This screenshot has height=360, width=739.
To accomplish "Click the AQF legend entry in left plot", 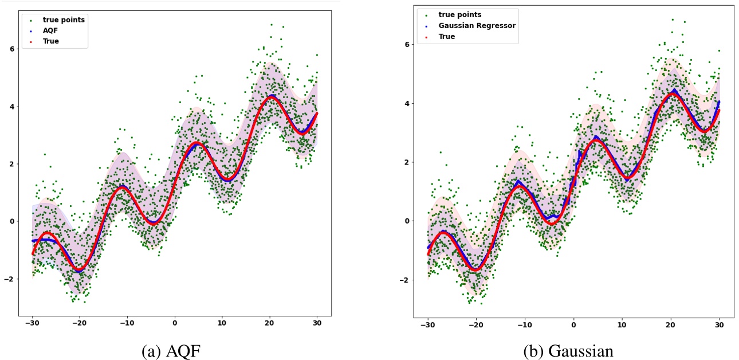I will pyautogui.click(x=50, y=31).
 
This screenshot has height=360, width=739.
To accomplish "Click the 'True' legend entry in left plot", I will pyautogui.click(x=51, y=41).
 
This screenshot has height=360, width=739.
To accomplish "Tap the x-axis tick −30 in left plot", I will pyautogui.click(x=31, y=323).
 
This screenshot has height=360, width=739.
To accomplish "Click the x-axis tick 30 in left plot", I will pyautogui.click(x=317, y=323).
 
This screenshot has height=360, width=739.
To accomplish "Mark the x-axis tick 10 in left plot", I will pyautogui.click(x=222, y=323).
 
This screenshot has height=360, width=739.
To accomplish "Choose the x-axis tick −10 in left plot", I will pyautogui.click(x=125, y=323).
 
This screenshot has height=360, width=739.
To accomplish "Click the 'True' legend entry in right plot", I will pyautogui.click(x=447, y=36).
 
